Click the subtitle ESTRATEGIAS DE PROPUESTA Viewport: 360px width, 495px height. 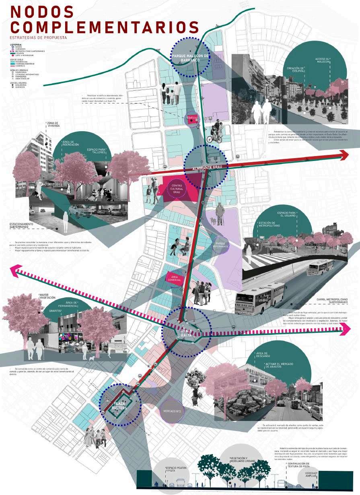[x=39, y=37]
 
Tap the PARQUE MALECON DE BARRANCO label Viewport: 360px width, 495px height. [x=190, y=58]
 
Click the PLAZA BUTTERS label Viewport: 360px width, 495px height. [x=120, y=406]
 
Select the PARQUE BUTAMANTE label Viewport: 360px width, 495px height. [x=220, y=245]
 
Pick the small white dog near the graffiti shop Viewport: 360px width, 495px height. [x=92, y=358]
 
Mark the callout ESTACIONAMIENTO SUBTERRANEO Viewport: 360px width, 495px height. [x=17, y=226]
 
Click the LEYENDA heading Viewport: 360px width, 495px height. [x=16, y=44]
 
